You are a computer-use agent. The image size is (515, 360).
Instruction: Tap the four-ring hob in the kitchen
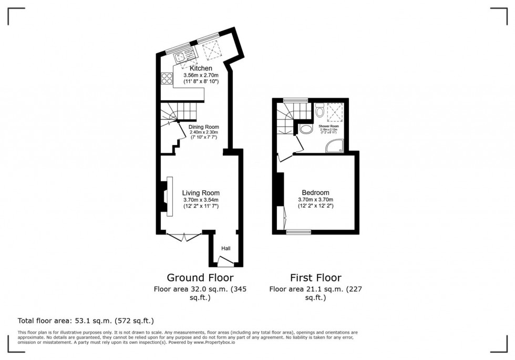167,79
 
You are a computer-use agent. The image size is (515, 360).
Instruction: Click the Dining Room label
203,127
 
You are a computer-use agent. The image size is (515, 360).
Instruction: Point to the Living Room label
201,193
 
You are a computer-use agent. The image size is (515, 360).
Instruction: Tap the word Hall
225,249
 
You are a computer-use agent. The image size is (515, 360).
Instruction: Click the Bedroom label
315,192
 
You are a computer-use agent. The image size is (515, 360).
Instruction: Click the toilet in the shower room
320,111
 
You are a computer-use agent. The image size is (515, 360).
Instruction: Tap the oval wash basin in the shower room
305,129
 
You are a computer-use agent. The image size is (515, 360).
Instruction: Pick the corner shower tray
335,146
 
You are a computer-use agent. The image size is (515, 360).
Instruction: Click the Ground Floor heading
200,277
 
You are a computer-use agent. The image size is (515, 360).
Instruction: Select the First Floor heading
315,277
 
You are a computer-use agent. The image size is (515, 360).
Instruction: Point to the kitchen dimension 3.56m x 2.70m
201,76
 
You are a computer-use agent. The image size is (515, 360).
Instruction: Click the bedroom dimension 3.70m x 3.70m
315,200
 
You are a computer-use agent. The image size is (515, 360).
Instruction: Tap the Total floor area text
86,321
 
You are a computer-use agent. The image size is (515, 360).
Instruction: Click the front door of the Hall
225,260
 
